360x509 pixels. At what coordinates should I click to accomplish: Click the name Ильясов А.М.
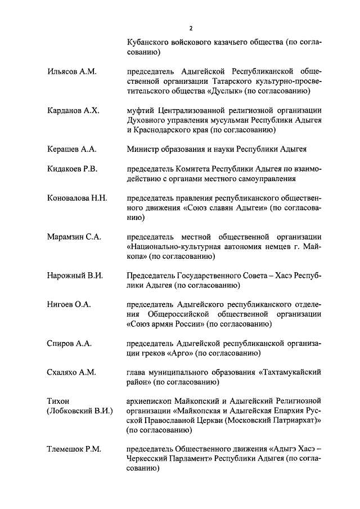[x=71, y=71]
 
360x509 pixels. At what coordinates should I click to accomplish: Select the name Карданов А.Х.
[x=73, y=111]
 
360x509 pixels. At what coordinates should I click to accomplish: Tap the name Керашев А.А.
[x=72, y=149]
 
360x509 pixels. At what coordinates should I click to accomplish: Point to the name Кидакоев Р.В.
[x=74, y=169]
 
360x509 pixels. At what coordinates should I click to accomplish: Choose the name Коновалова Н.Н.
[x=77, y=199]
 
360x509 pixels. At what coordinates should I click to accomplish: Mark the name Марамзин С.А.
[x=74, y=237]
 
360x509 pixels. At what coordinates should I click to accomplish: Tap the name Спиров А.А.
[x=69, y=344]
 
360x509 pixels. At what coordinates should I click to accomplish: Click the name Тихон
[x=58, y=402]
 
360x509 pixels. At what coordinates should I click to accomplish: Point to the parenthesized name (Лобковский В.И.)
[x=80, y=411]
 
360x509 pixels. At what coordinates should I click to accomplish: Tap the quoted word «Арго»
[x=180, y=353]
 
